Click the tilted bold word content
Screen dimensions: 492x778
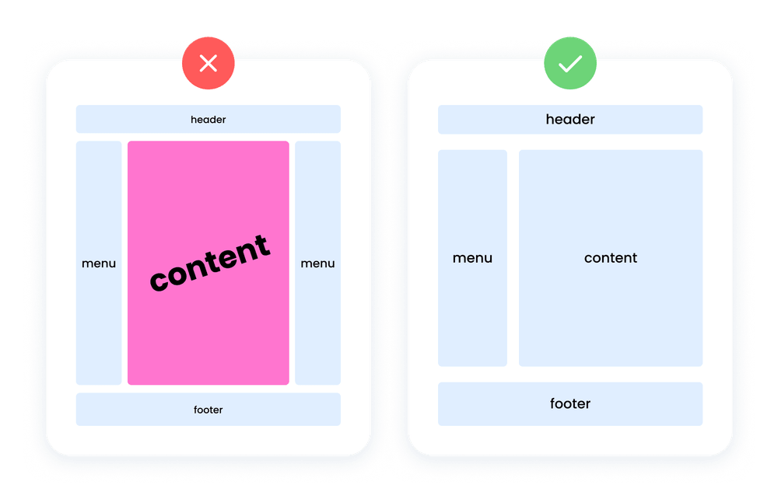coord(209,263)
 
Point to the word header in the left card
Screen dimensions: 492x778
coord(208,120)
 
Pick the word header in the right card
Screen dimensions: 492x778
coord(570,120)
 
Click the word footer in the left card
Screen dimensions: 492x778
coord(208,410)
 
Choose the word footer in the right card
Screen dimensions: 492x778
coord(570,403)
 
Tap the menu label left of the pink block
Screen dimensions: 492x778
coord(99,263)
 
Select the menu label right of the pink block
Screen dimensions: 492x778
coord(317,263)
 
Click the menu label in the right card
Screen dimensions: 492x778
coord(472,258)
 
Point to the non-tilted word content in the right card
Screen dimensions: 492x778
coord(611,258)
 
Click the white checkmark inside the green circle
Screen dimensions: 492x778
coord(570,64)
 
